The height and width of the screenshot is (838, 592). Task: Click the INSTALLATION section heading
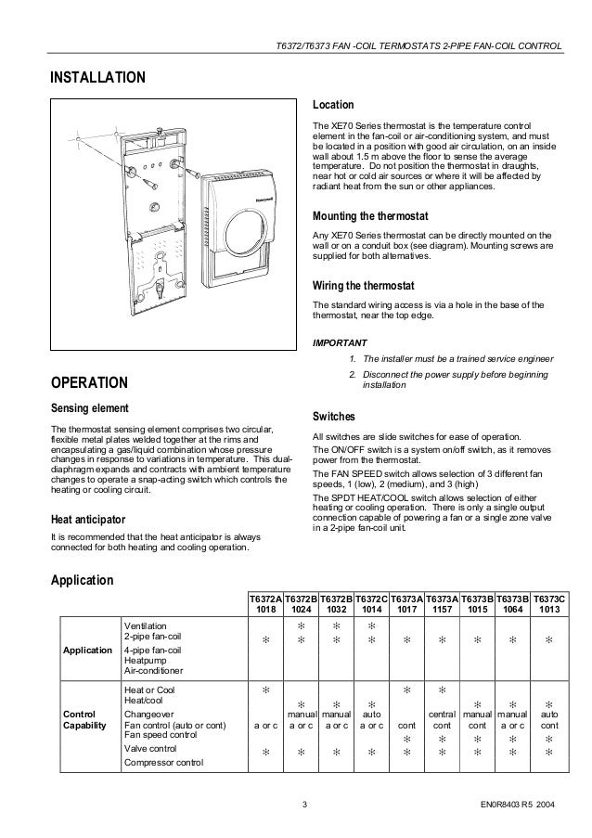point(97,76)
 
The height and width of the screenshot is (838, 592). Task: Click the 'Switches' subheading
point(341,417)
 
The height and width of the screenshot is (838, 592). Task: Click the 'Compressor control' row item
point(165,762)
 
